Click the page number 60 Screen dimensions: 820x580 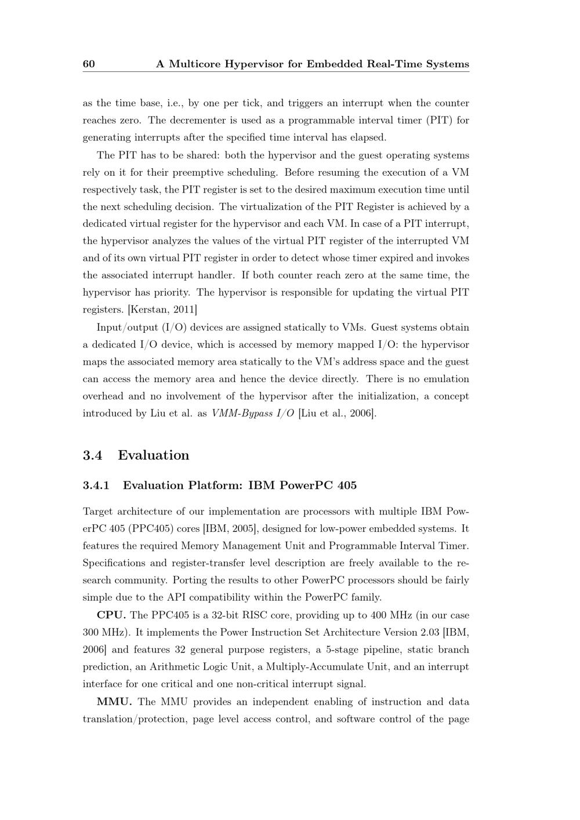pos(89,64)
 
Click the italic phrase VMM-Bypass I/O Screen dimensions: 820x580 pos(252,413)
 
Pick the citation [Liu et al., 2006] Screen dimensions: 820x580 pos(337,413)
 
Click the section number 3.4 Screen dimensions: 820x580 pos(92,455)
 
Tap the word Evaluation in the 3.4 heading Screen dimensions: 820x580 pos(154,455)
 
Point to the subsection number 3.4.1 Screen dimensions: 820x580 pos(96,485)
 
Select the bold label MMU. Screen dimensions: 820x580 pos(114,702)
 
